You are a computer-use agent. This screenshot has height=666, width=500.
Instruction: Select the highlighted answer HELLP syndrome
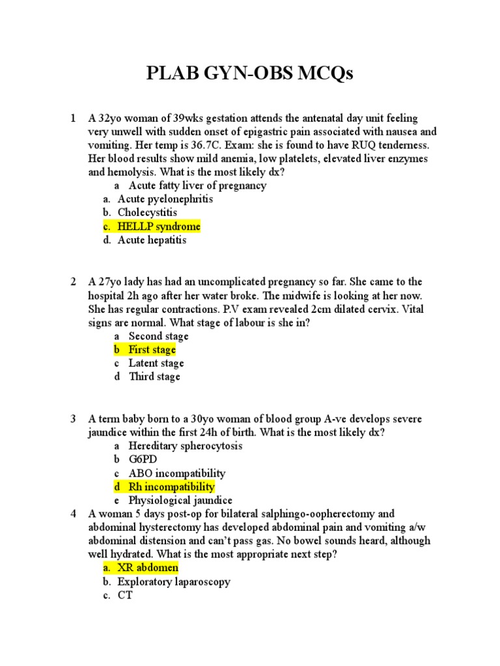[x=159, y=226]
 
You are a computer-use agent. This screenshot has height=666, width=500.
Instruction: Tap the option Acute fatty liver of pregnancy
[x=197, y=185]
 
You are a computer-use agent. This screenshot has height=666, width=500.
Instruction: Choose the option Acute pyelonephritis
[x=165, y=199]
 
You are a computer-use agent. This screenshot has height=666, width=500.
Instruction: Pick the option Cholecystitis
[x=147, y=213]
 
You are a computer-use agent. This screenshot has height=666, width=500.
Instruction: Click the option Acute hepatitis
[x=152, y=240]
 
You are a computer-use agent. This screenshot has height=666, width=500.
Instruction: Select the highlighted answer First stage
[x=152, y=349]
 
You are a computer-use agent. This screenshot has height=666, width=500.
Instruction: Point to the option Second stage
[x=158, y=336]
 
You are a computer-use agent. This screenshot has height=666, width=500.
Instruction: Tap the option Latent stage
[x=156, y=363]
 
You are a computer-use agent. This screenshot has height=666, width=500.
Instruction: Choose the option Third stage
[x=154, y=377]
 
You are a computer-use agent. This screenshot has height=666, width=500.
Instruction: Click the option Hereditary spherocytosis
[x=185, y=446]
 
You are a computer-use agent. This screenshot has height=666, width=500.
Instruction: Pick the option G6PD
[x=143, y=459]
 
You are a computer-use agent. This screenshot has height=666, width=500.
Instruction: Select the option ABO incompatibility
[x=177, y=473]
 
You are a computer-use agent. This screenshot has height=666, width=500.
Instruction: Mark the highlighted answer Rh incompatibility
[x=171, y=486]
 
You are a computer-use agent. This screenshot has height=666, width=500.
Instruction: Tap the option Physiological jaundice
[x=180, y=500]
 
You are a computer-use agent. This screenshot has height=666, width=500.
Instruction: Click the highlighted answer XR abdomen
[x=148, y=568]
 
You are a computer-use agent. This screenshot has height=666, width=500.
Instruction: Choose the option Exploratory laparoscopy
[x=174, y=581]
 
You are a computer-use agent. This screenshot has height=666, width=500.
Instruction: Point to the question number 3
[x=74, y=419]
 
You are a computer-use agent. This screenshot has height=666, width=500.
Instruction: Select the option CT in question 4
[x=125, y=595]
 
